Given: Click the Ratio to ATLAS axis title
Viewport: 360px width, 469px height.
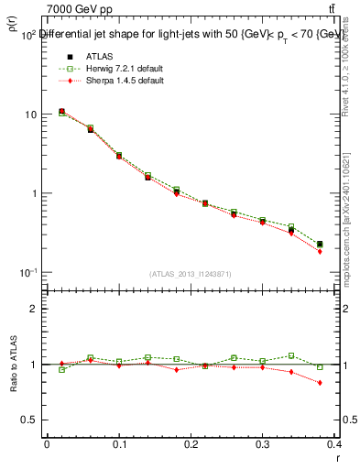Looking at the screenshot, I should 12,364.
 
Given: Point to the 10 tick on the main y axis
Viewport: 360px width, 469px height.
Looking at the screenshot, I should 31,115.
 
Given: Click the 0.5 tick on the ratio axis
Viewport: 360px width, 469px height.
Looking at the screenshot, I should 30,420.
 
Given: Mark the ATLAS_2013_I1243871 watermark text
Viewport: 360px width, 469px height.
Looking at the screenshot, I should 191,275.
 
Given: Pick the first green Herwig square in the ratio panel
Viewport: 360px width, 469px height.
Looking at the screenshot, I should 61,370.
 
